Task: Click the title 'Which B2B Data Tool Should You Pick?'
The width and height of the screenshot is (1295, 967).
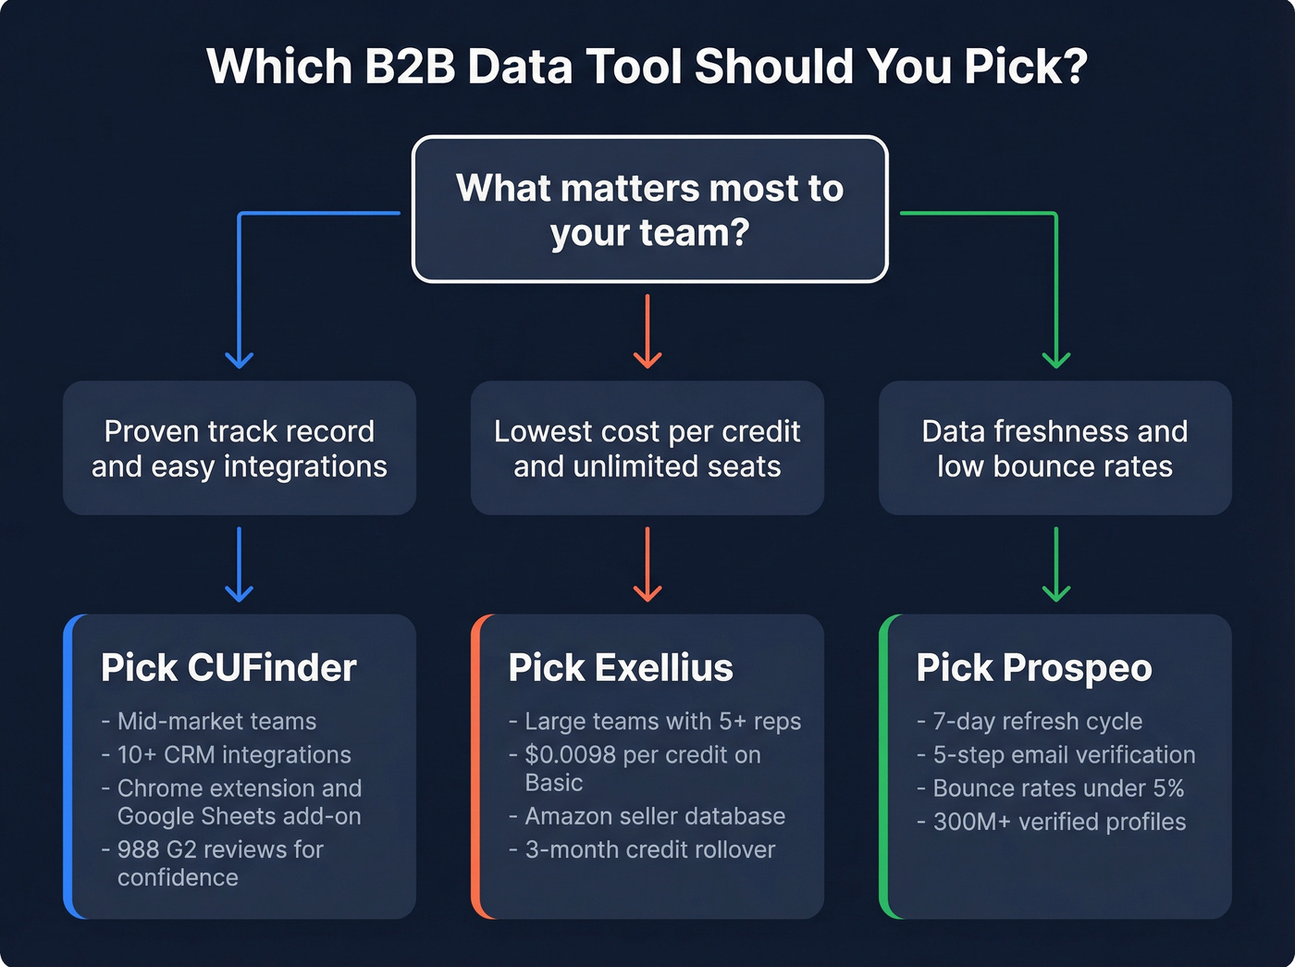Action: pyautogui.click(x=647, y=67)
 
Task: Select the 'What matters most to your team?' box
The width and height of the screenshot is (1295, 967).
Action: pyautogui.click(x=649, y=209)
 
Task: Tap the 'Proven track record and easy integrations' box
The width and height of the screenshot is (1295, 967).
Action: pyautogui.click(x=240, y=448)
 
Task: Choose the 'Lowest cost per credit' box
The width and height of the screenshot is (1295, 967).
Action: pyautogui.click(x=647, y=448)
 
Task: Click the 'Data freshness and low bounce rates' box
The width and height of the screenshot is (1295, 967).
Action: pyautogui.click(x=1054, y=448)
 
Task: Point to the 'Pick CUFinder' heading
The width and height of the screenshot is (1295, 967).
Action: pyautogui.click(x=228, y=667)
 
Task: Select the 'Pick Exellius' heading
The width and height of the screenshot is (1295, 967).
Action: pyautogui.click(x=621, y=667)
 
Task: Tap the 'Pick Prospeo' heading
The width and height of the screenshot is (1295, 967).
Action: pyautogui.click(x=1034, y=667)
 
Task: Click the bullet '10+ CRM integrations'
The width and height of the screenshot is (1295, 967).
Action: pyautogui.click(x=234, y=754)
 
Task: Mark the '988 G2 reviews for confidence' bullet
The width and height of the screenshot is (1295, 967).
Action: pyautogui.click(x=220, y=862)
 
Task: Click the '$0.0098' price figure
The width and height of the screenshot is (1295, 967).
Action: pyautogui.click(x=570, y=754)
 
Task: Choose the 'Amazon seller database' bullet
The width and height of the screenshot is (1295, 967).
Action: pyautogui.click(x=655, y=815)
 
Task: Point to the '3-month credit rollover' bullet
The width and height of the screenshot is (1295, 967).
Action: pyautogui.click(x=650, y=849)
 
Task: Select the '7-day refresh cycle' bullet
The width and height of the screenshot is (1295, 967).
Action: pyautogui.click(x=1037, y=721)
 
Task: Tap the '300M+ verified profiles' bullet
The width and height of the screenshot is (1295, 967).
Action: pyautogui.click(x=1059, y=821)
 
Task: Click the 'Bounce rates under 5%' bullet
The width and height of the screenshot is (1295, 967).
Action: pyautogui.click(x=1058, y=787)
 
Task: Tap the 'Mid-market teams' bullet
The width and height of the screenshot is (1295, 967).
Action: pyautogui.click(x=216, y=721)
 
